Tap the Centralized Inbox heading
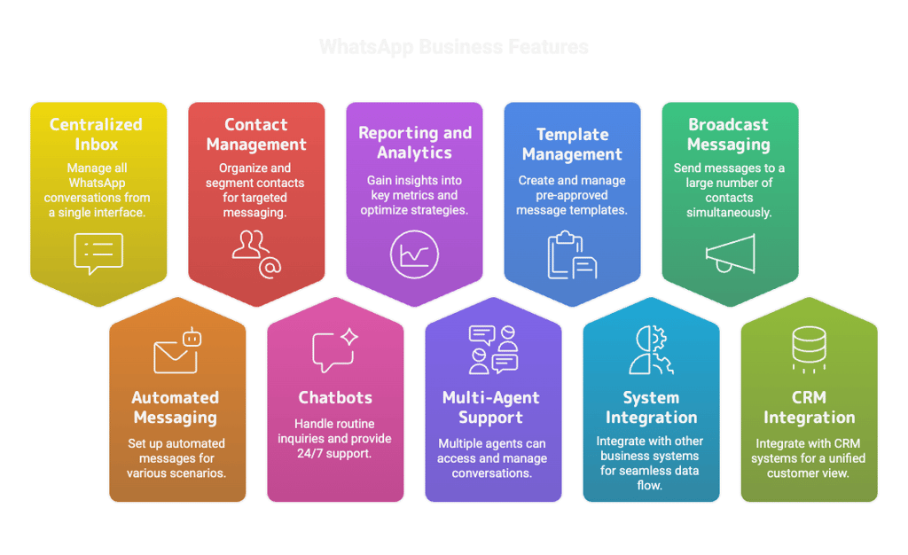[x=96, y=134]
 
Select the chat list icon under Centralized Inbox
[x=98, y=253]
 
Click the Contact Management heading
[x=256, y=134]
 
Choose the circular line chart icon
[x=414, y=255]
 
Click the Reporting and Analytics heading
[x=414, y=143]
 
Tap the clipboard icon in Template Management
[x=572, y=254]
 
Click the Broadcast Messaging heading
[x=729, y=134]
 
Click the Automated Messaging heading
[x=176, y=407]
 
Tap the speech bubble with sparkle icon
[x=335, y=350]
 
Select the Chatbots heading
[x=335, y=397]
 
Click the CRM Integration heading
[x=809, y=407]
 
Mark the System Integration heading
[x=651, y=407]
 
